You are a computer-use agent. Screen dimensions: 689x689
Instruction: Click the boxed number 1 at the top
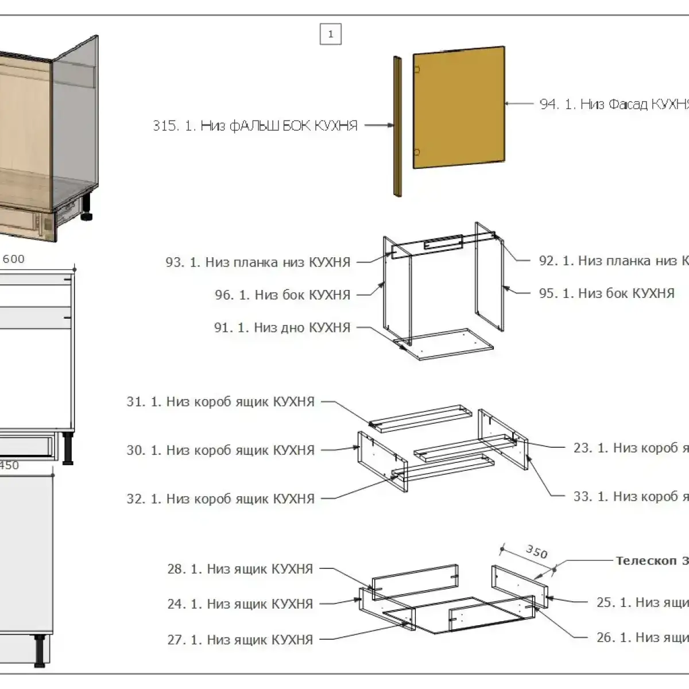click(330, 34)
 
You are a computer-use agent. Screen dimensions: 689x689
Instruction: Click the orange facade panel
click(459, 108)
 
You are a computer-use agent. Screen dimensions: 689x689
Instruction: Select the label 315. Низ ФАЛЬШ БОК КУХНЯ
click(255, 126)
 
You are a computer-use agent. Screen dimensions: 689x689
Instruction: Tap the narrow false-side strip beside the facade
click(397, 126)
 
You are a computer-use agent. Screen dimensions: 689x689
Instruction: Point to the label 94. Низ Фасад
click(613, 104)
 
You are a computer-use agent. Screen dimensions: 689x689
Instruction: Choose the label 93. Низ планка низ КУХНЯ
click(258, 262)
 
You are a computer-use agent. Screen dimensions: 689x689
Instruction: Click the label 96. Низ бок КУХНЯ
click(282, 295)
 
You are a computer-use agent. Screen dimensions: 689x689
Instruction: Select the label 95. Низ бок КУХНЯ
click(607, 293)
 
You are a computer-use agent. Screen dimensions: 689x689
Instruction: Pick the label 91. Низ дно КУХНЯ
click(282, 327)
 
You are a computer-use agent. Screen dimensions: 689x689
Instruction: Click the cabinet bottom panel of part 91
click(444, 344)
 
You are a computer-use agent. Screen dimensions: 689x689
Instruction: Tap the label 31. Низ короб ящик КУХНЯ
click(220, 401)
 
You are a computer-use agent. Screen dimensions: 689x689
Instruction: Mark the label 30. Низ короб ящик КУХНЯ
click(220, 450)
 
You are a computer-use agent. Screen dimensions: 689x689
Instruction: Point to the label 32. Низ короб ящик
click(220, 498)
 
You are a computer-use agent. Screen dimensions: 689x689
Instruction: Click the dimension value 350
click(536, 552)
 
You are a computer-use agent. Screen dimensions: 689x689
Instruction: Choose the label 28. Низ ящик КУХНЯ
click(240, 569)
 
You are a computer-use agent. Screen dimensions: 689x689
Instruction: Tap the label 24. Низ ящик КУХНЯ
click(240, 604)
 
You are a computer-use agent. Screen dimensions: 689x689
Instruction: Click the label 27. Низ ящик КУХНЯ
click(240, 639)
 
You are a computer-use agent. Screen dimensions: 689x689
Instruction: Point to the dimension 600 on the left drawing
click(14, 259)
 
